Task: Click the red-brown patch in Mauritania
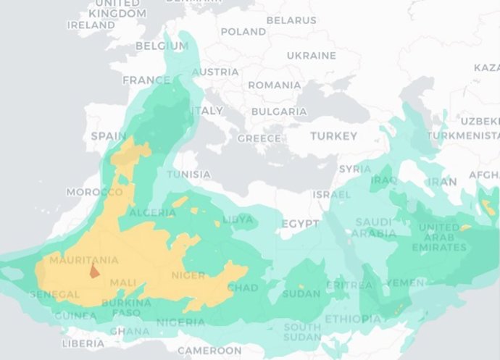93,272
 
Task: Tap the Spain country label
108,136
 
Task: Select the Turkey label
333,136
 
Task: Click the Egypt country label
300,224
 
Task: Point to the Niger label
188,275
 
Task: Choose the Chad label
242,288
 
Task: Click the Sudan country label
301,293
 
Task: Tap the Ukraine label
311,56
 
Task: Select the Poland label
243,32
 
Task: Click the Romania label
274,85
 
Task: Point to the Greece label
259,138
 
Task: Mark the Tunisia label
189,175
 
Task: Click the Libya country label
238,219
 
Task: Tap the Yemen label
406,282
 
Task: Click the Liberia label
83,343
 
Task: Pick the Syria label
355,169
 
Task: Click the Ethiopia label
352,319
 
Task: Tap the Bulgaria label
279,112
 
